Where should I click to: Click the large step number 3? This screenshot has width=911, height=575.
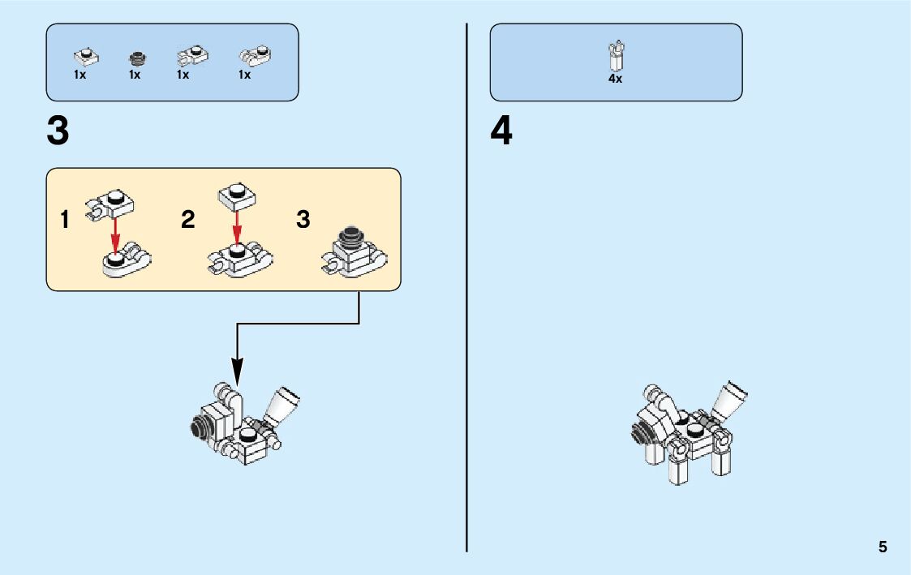pos(58,131)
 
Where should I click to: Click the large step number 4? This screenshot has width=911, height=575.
pos(501,131)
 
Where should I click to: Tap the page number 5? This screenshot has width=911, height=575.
pos(883,547)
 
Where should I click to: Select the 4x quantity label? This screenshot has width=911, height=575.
pos(615,79)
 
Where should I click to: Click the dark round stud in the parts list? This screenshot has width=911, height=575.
pos(137,58)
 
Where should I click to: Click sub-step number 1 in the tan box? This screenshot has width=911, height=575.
pos(65,220)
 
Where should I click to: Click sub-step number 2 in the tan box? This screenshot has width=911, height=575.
pos(188,220)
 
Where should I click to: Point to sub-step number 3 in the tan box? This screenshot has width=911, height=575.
pos(303,220)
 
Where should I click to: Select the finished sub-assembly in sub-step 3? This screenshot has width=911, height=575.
pos(355,252)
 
